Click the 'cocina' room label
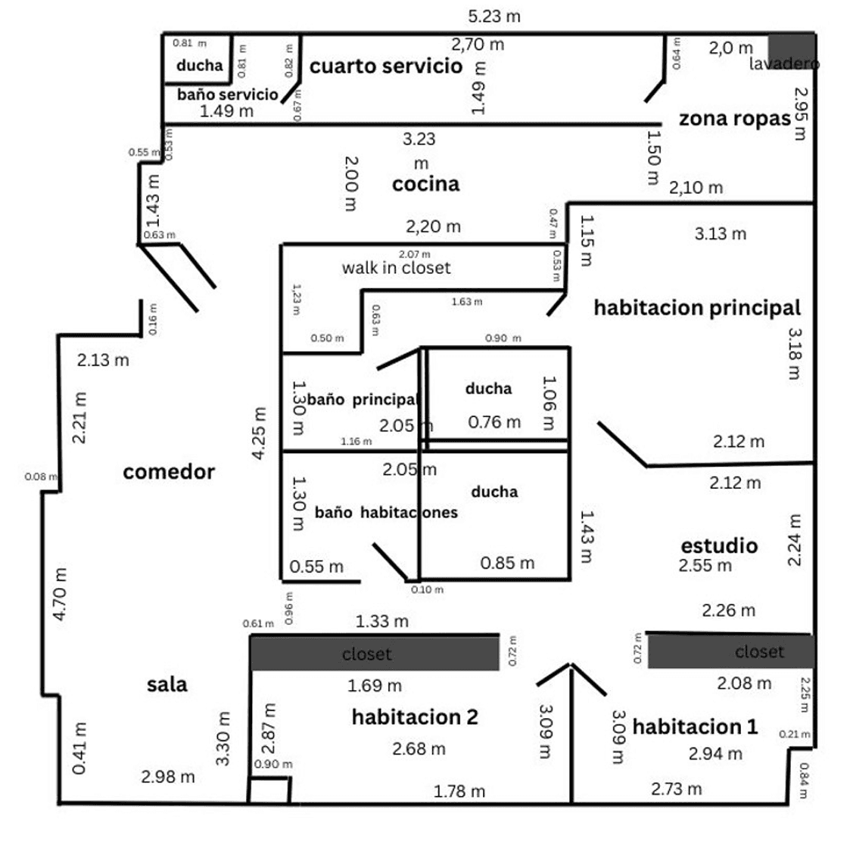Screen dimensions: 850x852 [x=425, y=184]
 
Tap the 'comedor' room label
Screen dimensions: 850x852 [x=169, y=472]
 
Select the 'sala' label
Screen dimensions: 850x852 [x=167, y=684]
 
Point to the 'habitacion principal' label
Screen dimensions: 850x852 [x=696, y=308]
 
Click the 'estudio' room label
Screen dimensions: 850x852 [x=719, y=546]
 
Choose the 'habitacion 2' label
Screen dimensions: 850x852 [x=415, y=717]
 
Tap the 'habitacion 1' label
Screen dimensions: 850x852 [x=694, y=726]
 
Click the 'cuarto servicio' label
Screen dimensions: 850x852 [x=386, y=66]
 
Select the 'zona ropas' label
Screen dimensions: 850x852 [x=734, y=119]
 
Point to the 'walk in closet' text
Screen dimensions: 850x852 [x=396, y=268]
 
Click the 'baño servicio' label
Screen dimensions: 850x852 [x=228, y=95]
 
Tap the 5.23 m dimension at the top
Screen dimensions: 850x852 [x=494, y=16]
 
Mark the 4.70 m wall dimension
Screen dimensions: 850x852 [x=61, y=594]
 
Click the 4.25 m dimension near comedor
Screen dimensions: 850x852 [x=260, y=434]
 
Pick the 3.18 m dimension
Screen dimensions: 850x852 [x=795, y=353]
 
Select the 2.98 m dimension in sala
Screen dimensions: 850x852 [x=168, y=776]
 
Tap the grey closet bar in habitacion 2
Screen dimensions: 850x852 [x=375, y=653]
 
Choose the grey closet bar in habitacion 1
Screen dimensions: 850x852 [x=730, y=651]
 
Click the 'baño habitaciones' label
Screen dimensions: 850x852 [x=386, y=512]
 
